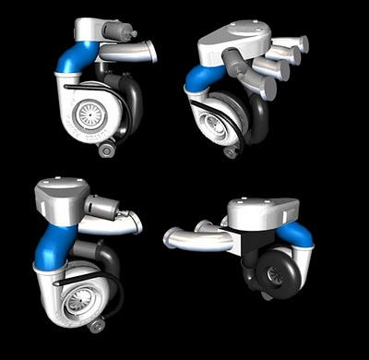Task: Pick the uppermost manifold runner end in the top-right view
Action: pyautogui.click(x=300, y=42)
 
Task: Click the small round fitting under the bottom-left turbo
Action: pyautogui.click(x=96, y=325)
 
